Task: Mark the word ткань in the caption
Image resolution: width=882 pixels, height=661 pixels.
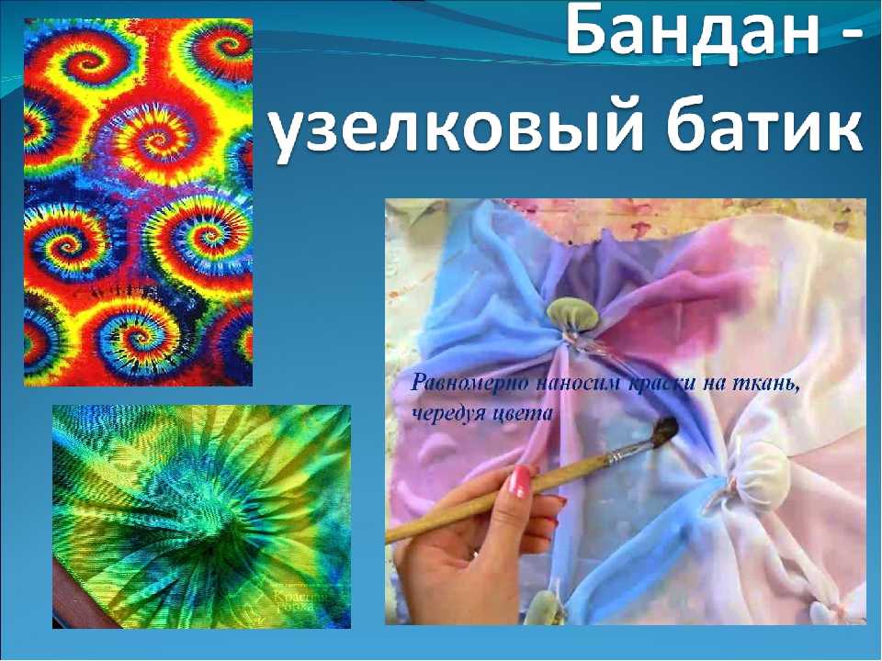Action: click(x=768, y=383)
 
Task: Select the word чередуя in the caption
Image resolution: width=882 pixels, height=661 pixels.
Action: click(x=446, y=413)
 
